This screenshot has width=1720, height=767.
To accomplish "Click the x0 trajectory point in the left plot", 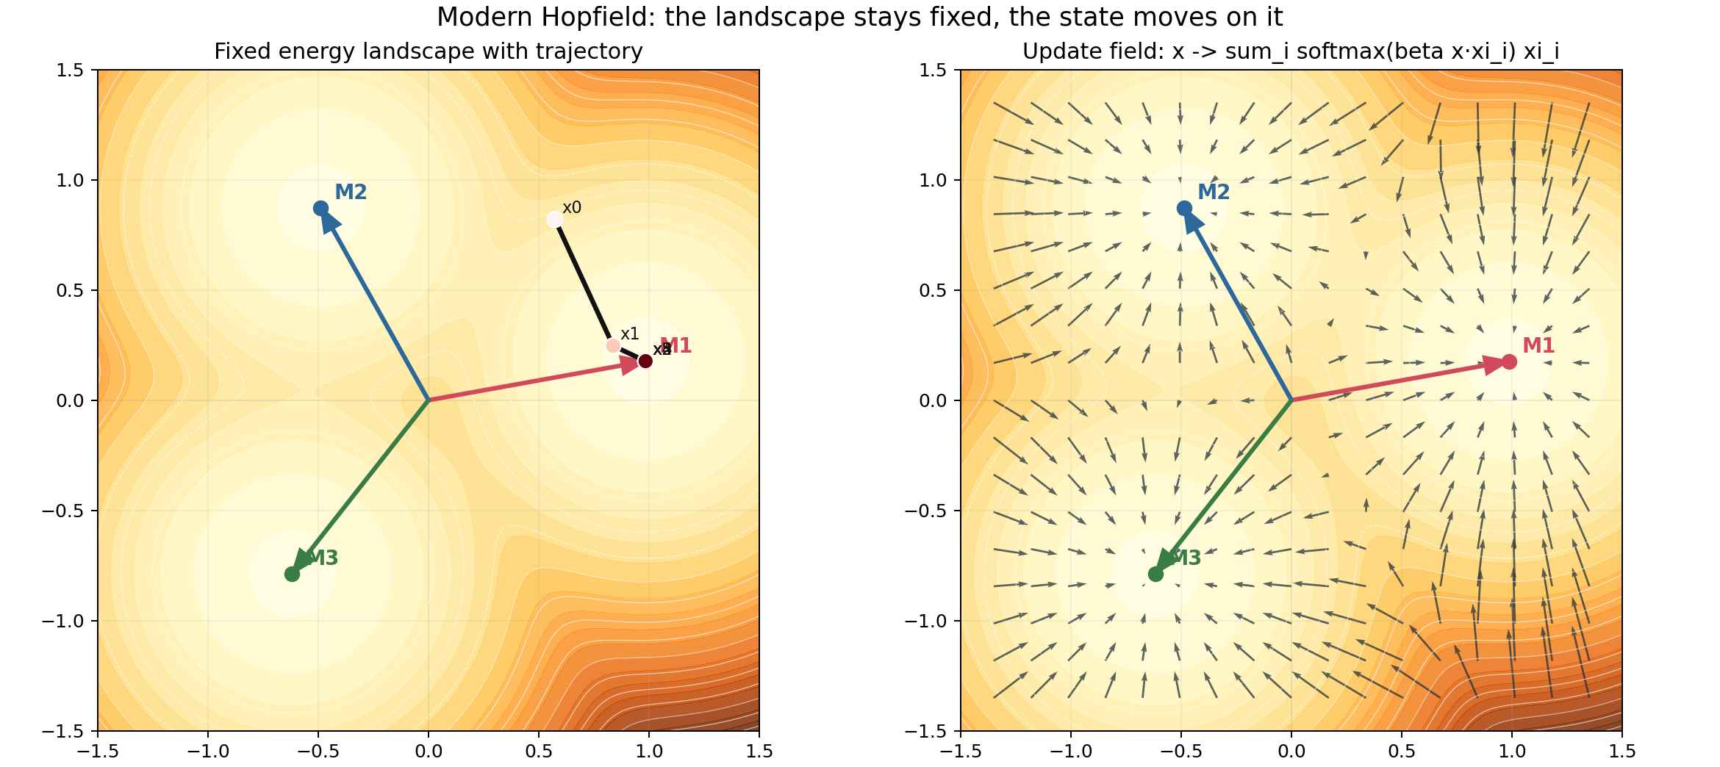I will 555,220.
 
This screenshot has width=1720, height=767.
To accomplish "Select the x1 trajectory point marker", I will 613,345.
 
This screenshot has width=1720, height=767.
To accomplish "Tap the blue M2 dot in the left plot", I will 320,208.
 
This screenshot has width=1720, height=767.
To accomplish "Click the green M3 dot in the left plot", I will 292,574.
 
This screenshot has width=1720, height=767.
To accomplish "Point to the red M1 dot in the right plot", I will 1509,361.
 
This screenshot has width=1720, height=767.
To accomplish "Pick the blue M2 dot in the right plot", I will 1184,208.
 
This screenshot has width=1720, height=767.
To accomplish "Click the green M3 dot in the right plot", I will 1155,574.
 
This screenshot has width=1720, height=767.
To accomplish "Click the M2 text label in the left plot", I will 351,192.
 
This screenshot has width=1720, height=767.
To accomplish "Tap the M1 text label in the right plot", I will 1538,346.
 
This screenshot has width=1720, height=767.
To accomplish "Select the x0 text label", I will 572,208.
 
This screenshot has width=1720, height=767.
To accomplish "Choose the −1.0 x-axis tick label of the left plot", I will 208,752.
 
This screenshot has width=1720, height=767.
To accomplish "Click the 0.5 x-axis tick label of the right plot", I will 1402,752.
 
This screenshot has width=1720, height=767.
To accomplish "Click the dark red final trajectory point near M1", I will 645,361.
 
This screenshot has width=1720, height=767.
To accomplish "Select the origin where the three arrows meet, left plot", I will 429,400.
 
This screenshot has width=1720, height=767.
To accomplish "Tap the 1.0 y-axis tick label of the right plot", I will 934,181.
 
